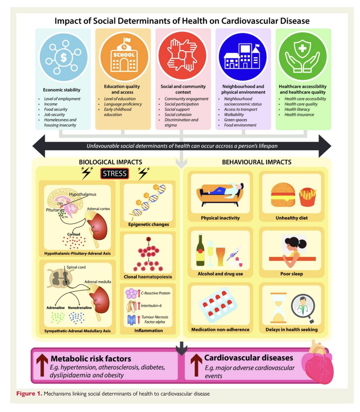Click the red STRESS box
[x=114, y=173]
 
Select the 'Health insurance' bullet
[x=299, y=115]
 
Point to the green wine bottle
[x=201, y=252]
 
